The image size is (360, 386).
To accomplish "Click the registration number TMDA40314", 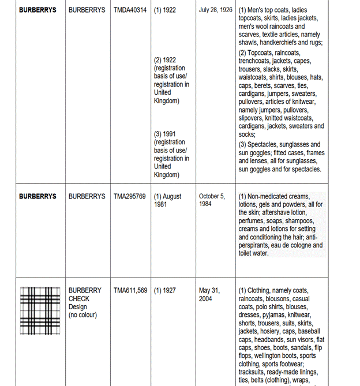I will coord(131,10).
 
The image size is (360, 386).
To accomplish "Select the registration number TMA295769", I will coord(131,196).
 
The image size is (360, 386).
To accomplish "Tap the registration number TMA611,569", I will coord(132,290).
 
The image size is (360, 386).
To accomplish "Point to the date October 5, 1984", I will coord(212,200).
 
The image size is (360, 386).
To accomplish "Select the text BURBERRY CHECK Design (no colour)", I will coord(84,302).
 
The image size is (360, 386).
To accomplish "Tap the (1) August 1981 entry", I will coord(167,200).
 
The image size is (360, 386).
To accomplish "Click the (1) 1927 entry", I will coord(165,290).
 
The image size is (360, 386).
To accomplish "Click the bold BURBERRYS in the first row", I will coord(37,10).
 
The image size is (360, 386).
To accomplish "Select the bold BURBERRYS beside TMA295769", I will coord(37,196).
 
